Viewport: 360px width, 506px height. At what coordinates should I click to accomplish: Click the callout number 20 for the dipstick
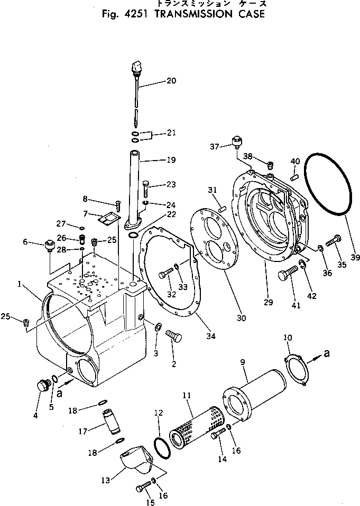point(171,81)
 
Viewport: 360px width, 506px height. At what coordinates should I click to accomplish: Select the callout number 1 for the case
point(19,284)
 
